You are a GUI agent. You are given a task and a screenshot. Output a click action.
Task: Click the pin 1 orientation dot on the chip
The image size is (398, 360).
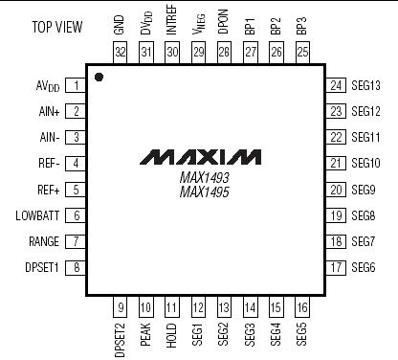click(99, 76)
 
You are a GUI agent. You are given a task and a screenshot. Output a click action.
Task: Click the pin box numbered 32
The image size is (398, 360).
click(120, 50)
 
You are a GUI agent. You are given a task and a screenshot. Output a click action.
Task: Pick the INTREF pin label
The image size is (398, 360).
click(172, 20)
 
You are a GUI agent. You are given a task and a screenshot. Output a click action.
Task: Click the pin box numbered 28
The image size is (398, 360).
click(224, 50)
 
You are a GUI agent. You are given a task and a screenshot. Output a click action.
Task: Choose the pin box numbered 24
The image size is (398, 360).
click(337, 85)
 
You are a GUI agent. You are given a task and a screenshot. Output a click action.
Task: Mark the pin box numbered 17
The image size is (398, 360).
click(337, 267)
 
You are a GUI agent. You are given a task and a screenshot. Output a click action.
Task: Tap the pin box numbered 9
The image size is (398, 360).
click(121, 308)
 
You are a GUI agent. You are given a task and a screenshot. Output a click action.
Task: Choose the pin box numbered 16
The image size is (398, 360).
click(301, 308)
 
